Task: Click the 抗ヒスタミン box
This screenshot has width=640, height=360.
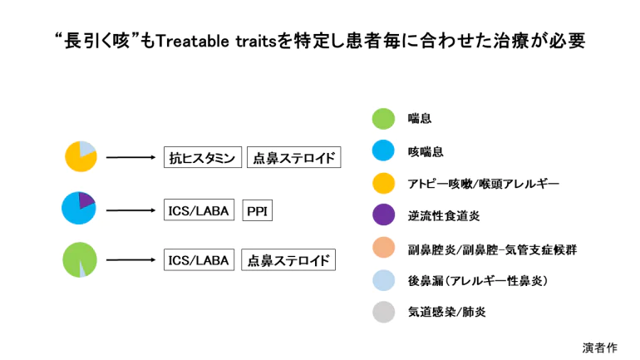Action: [203, 157]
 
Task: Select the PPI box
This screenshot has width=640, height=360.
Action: [257, 210]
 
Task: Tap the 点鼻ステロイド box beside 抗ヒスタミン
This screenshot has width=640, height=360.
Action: [294, 157]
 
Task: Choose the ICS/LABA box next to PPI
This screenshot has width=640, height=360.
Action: [199, 210]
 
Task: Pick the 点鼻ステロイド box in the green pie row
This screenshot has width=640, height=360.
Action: [288, 259]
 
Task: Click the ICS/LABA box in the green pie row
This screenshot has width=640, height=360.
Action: [199, 259]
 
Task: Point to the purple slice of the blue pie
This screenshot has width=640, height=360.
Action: [86, 200]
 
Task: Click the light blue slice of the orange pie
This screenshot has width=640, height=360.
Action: [87, 148]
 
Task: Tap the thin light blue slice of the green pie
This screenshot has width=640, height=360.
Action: [82, 270]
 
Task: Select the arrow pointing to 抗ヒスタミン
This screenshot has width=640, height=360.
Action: [130, 157]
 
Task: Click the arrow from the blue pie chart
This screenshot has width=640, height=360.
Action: [130, 210]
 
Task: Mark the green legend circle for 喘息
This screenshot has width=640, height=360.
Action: [383, 119]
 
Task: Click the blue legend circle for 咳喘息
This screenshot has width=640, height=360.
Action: [383, 150]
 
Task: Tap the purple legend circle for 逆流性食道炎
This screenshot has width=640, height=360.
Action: [383, 215]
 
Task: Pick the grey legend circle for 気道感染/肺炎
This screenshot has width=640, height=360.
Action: [383, 312]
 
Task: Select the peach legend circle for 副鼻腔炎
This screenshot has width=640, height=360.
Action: [383, 248]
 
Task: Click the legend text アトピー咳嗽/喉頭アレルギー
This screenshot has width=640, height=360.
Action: [483, 184]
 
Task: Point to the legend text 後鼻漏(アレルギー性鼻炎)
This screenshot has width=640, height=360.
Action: [478, 281]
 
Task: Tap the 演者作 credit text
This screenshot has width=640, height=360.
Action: [599, 348]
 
